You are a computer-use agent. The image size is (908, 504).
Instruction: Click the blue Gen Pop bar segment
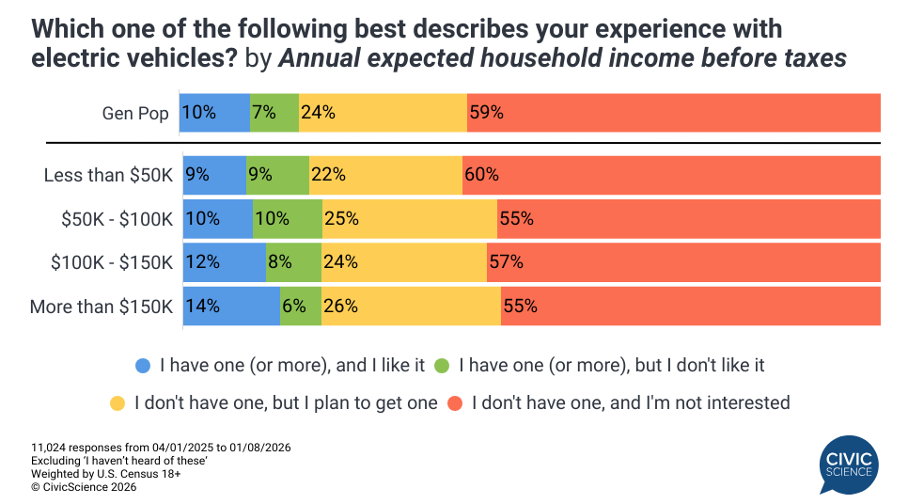(x=215, y=113)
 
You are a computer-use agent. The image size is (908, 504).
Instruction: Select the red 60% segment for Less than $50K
(x=671, y=175)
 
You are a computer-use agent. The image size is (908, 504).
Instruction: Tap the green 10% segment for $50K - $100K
(x=288, y=219)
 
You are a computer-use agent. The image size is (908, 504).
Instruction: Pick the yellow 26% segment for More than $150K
(x=411, y=307)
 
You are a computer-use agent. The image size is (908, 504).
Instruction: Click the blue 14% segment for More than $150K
(x=231, y=307)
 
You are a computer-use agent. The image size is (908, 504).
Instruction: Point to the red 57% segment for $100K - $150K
(x=683, y=262)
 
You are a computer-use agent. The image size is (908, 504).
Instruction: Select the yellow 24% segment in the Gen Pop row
(x=383, y=113)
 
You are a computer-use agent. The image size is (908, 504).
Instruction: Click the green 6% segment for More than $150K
(x=301, y=307)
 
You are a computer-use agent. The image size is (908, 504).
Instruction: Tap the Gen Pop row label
(x=135, y=114)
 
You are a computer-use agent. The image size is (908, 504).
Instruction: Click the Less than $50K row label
(x=108, y=176)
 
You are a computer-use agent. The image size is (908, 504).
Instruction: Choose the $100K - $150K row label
(x=112, y=263)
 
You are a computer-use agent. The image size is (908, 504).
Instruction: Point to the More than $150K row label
(x=102, y=307)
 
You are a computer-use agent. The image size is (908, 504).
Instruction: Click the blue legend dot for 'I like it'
(x=143, y=365)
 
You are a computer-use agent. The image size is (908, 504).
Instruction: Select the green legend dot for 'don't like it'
(x=441, y=365)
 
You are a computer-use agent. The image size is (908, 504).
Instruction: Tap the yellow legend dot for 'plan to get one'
(x=117, y=403)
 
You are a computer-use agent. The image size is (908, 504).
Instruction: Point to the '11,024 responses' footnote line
(x=161, y=448)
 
